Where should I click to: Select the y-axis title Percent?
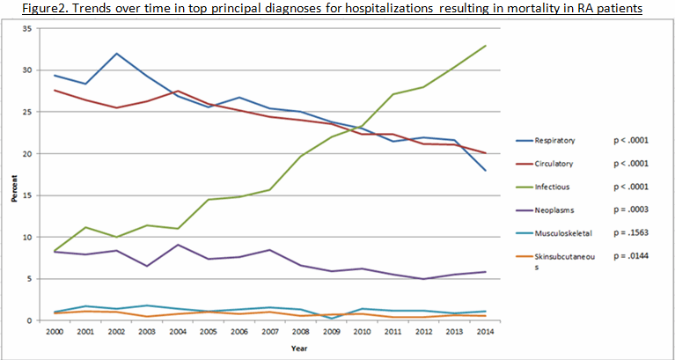14,190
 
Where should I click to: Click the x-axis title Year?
269,347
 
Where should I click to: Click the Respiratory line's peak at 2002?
114,54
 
